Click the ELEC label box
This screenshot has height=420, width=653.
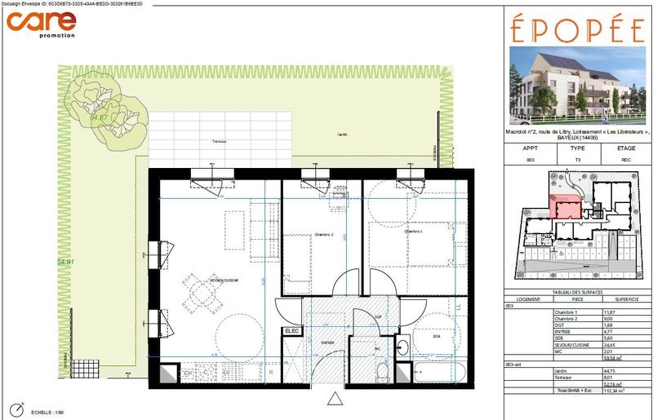(x=291, y=331)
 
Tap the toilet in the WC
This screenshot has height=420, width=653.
(x=382, y=372)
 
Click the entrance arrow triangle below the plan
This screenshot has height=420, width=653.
(x=333, y=399)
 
